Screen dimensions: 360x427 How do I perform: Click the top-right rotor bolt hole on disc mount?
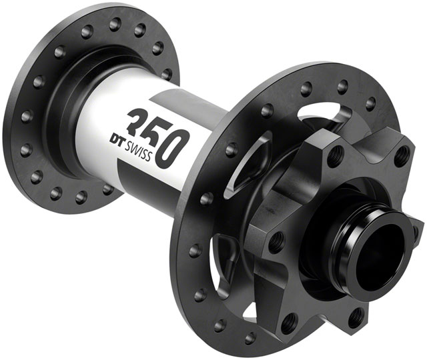click(400, 155)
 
